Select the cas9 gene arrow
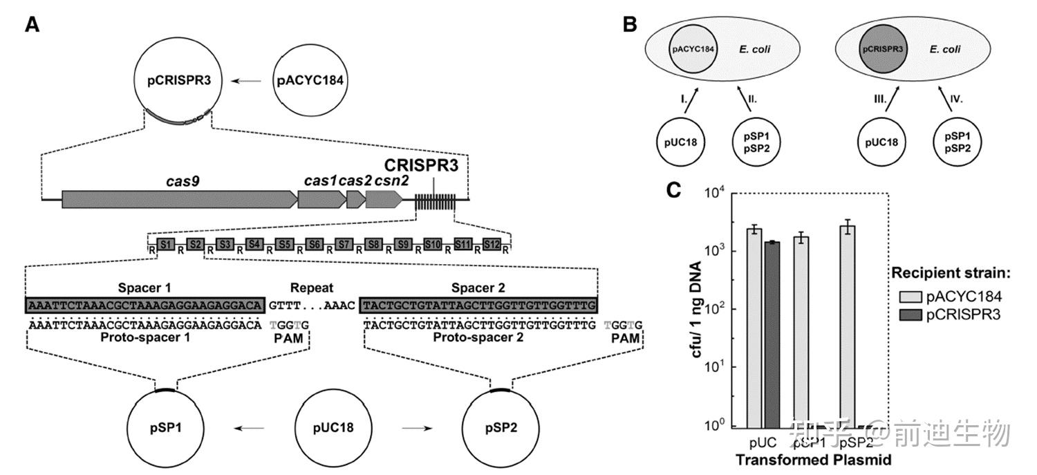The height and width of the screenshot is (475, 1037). click(179, 199)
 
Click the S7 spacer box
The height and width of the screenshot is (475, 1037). click(344, 244)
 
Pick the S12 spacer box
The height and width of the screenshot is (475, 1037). click(492, 244)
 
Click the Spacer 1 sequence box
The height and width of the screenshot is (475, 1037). click(145, 304)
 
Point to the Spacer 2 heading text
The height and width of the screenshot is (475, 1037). click(478, 288)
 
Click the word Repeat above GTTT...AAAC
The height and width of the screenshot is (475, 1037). click(311, 288)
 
